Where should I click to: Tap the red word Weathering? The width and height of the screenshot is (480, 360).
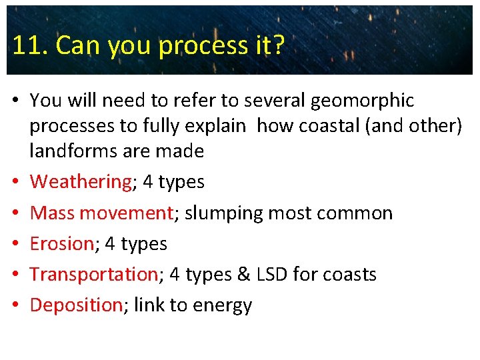pos(81,182)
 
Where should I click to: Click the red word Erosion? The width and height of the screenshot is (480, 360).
pos(61,243)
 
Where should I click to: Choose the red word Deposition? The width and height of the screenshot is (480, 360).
pos(76,305)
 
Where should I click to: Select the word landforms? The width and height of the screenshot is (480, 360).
pos(72,151)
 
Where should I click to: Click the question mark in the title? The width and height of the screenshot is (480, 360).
pos(279,45)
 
